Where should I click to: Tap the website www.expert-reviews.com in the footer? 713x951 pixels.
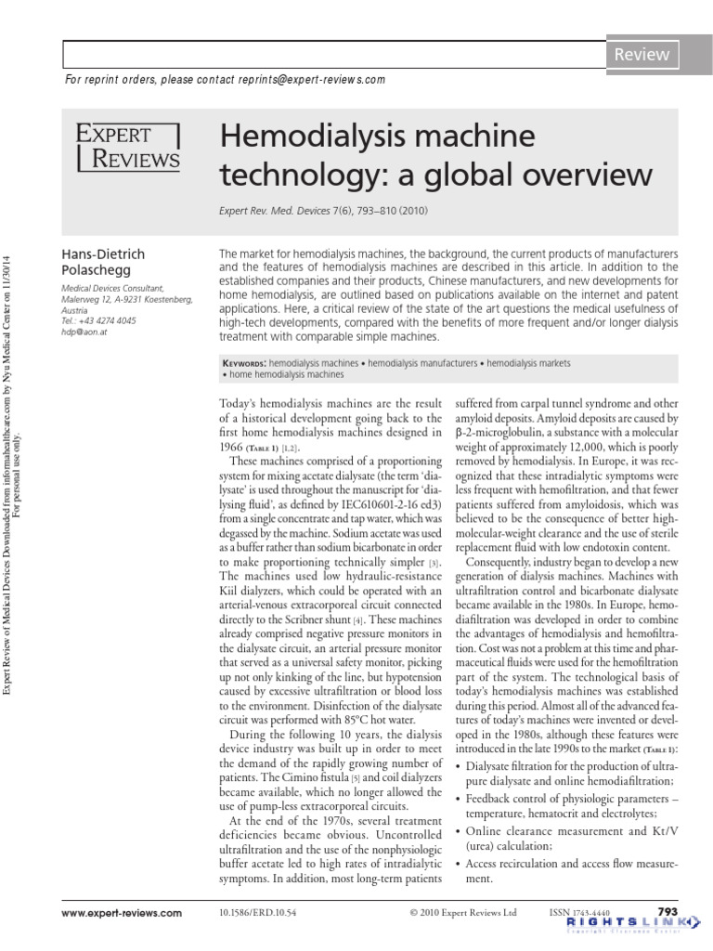tap(123, 914)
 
